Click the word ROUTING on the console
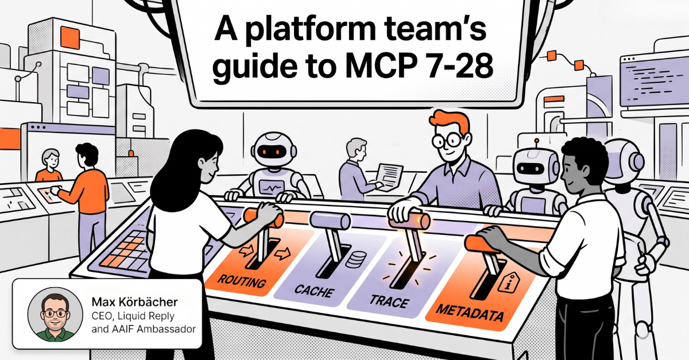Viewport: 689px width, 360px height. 242,281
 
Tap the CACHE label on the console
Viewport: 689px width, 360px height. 314,291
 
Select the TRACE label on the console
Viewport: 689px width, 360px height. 389,301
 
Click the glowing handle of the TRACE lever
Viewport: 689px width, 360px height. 410,220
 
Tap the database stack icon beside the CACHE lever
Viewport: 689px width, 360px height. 356,259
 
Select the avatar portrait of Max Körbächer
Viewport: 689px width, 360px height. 55,315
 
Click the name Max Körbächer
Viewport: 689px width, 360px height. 135,302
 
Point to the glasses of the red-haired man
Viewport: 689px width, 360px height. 448,141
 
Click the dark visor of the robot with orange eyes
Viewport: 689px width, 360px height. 273,152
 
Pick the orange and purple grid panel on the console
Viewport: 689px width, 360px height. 123,252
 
